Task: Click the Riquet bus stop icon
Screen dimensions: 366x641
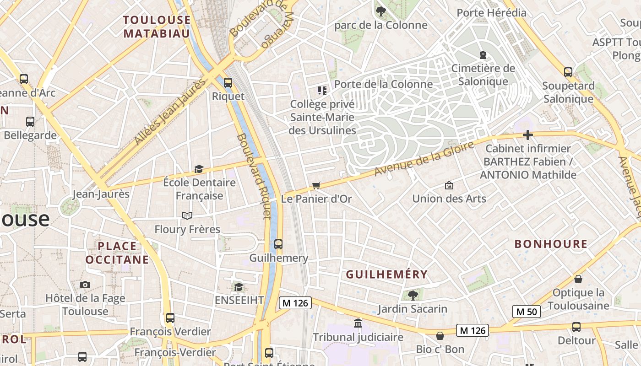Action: point(228,83)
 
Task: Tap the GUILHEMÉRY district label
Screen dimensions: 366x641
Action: point(387,274)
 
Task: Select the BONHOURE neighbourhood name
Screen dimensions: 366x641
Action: point(551,244)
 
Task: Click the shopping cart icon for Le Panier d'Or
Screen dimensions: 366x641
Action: point(316,185)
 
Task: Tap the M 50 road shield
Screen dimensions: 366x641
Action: point(526,312)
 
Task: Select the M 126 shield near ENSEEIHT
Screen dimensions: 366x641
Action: point(295,302)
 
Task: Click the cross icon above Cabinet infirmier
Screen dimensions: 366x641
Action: point(528,135)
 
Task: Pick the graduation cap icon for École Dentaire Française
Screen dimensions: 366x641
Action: point(199,169)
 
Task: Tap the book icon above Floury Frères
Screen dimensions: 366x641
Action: point(187,215)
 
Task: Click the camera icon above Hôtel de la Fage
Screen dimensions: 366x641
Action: point(85,285)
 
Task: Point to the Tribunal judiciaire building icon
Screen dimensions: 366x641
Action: point(358,323)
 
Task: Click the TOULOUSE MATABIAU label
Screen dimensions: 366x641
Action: point(157,27)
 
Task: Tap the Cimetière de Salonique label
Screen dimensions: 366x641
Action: point(483,75)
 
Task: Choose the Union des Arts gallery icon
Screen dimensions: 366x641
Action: point(449,185)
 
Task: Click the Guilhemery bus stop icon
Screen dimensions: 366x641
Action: point(278,244)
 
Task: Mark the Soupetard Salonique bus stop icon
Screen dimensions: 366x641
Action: point(568,72)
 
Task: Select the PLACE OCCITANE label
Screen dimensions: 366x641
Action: point(117,253)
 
